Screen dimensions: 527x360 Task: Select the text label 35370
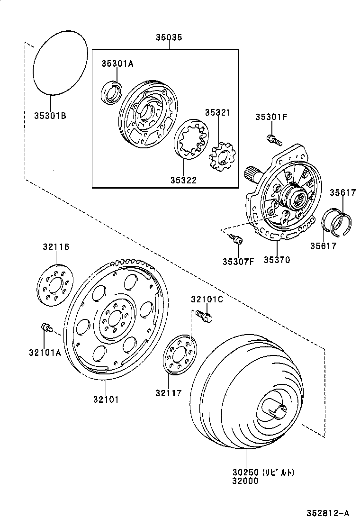[277, 259]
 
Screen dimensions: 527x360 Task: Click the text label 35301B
[50, 115]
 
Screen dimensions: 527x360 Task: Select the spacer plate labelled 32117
[179, 354]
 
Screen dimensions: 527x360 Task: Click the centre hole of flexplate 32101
[113, 319]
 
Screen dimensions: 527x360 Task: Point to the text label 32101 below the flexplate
[106, 399]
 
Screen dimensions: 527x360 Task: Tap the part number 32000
[245, 481]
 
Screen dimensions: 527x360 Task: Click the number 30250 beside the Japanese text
[245, 472]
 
